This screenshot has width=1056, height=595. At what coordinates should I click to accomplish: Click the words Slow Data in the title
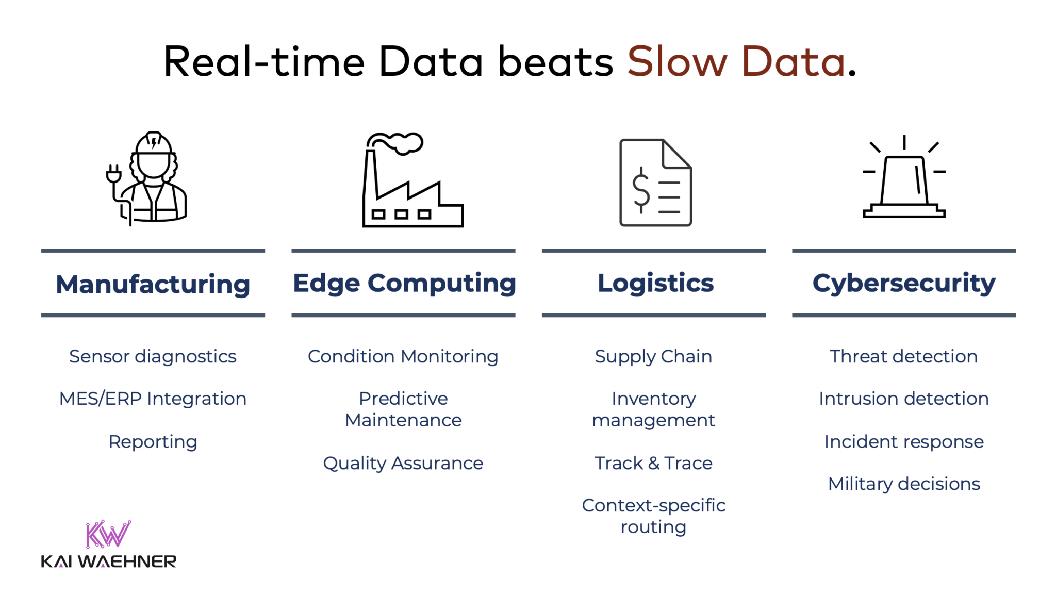[x=736, y=62]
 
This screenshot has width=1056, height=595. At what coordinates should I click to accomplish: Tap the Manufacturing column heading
[x=153, y=284]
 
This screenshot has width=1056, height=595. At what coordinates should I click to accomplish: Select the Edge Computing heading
[x=404, y=283]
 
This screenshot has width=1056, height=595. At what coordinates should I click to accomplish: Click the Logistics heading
[x=655, y=283]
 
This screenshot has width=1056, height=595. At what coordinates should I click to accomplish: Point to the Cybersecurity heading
[x=903, y=283]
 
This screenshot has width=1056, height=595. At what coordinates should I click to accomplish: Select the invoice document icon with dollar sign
[x=655, y=183]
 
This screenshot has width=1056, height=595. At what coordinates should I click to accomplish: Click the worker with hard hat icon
[x=154, y=178]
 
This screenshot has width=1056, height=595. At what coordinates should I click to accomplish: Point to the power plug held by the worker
[x=113, y=175]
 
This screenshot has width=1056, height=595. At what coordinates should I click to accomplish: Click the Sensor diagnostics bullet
[x=153, y=356]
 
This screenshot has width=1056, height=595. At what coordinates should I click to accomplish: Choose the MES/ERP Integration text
[x=153, y=399]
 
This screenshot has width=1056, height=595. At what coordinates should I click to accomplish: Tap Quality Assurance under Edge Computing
[x=403, y=463]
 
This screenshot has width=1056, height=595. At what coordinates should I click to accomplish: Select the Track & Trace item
[x=653, y=463]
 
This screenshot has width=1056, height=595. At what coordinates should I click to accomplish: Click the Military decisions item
[x=903, y=484]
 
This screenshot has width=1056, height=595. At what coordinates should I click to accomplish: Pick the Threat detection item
[x=903, y=356]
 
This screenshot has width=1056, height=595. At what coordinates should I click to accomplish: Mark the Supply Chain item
[x=653, y=356]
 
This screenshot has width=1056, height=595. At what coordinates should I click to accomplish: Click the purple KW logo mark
[x=108, y=534]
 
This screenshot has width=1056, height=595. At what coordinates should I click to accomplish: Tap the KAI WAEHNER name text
[x=108, y=561]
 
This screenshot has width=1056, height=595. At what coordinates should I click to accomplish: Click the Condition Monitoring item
[x=403, y=356]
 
